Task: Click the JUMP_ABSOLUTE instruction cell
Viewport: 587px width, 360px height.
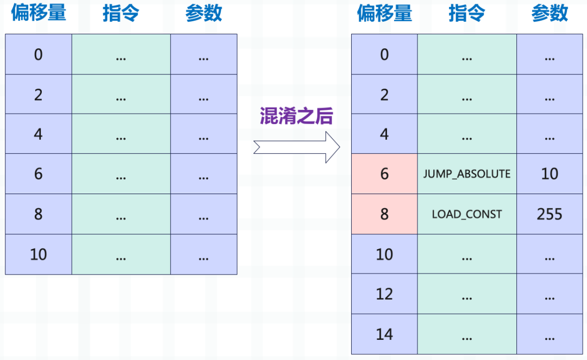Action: [x=467, y=174]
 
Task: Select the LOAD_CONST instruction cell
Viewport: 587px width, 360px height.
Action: [x=467, y=214]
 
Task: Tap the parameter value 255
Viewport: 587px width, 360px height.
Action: [x=549, y=214]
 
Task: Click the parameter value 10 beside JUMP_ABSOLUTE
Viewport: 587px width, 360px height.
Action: [x=549, y=174]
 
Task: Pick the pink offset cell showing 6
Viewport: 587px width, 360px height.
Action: [x=384, y=174]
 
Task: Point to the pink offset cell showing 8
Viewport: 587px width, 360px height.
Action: [x=384, y=214]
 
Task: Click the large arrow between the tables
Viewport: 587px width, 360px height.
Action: [x=297, y=147]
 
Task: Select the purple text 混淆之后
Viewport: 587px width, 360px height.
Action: [x=296, y=116]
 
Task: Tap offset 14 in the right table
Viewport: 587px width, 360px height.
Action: [x=384, y=334]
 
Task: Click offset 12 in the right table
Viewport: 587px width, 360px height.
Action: [x=384, y=294]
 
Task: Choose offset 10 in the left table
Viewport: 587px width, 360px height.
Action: [x=39, y=254]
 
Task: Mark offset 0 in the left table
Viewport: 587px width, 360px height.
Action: [x=39, y=54]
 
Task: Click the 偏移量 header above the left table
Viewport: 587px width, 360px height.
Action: [x=39, y=13]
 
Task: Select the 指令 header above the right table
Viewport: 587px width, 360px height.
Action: [x=467, y=14]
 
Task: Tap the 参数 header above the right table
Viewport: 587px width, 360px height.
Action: [x=549, y=14]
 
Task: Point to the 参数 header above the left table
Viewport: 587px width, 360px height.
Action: [x=204, y=14]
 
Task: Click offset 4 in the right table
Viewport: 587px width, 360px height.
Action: [x=384, y=134]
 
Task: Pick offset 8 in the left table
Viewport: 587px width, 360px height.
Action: [x=39, y=214]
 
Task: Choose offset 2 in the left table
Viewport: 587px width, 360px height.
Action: [x=39, y=94]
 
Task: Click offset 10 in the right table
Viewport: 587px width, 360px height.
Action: [x=384, y=254]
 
